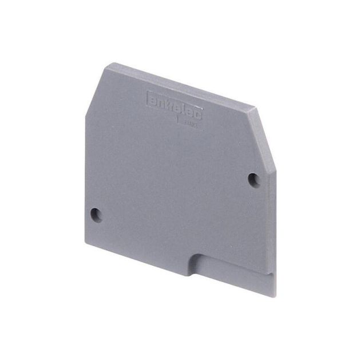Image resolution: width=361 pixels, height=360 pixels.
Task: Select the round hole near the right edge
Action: tap(254, 179)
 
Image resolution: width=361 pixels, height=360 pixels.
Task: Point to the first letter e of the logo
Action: tap(153, 98)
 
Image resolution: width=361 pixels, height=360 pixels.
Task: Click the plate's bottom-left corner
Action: tap(86, 242)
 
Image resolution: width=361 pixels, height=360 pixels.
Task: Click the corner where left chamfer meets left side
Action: tap(85, 116)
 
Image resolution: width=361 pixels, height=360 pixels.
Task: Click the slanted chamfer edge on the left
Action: tap(97, 90)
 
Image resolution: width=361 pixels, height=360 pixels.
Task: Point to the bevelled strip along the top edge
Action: tap(183, 85)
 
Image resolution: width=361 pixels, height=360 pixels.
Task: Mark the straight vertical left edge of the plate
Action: tap(86, 177)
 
